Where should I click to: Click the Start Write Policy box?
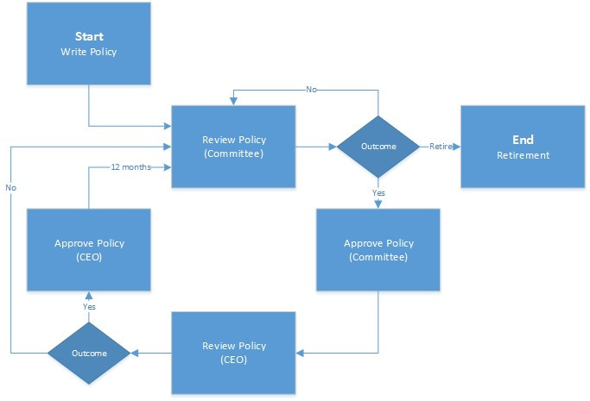point(89,44)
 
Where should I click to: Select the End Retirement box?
point(523,147)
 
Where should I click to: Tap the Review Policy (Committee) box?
point(233,147)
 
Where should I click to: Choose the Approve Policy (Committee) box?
point(378,250)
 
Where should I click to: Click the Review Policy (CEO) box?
point(233,353)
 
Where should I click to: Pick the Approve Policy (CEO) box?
point(89,250)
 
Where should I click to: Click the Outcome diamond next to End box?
point(378,147)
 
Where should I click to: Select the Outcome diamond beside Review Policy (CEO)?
point(89,353)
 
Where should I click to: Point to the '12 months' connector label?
point(131,167)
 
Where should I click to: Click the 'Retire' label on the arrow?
point(441,147)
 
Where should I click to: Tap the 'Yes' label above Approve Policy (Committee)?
point(378,192)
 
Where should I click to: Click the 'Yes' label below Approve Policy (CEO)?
point(89,306)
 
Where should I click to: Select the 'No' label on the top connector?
point(311,90)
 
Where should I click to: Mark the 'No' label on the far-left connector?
point(11,187)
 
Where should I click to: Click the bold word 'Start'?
point(89,36)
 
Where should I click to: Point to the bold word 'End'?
point(523,140)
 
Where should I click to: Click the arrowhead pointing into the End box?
point(456,147)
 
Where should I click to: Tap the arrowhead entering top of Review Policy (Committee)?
point(233,102)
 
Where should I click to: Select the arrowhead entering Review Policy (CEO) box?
point(300,353)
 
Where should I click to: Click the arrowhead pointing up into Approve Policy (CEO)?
point(89,295)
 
